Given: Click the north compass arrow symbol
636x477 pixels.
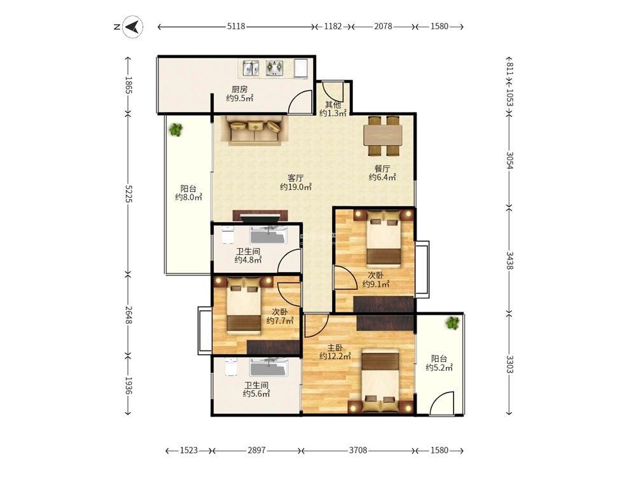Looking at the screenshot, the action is click(x=133, y=27).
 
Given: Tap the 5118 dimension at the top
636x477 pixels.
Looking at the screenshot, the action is click(x=236, y=26).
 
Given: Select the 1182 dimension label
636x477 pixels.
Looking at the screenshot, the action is click(x=333, y=26).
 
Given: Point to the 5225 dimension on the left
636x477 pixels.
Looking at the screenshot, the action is click(x=128, y=194).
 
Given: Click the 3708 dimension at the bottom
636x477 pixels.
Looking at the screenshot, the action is click(x=358, y=450).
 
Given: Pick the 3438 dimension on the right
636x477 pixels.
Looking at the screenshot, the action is click(x=509, y=260).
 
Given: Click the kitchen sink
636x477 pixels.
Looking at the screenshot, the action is click(x=251, y=68).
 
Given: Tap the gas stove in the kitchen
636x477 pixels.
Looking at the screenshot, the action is click(x=275, y=68).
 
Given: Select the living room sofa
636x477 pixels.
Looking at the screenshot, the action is click(x=255, y=130).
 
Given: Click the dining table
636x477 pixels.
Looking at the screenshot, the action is click(x=383, y=136).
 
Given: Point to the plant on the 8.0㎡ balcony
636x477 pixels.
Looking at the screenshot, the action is click(x=176, y=130).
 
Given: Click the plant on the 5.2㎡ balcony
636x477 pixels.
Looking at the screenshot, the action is click(x=452, y=323).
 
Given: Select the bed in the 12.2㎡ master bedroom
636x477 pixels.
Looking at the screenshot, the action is click(x=380, y=381).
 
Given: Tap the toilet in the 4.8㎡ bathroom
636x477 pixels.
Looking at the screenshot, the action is click(x=228, y=235).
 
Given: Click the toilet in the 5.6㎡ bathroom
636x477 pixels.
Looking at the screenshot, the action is click(x=231, y=367).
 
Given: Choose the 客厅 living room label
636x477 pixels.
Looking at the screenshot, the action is click(x=296, y=178).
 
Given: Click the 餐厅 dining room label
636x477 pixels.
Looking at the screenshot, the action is click(x=382, y=169).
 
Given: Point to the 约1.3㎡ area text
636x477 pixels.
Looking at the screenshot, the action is click(x=333, y=113).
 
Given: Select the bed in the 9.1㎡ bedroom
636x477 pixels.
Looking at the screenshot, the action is click(x=384, y=238).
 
